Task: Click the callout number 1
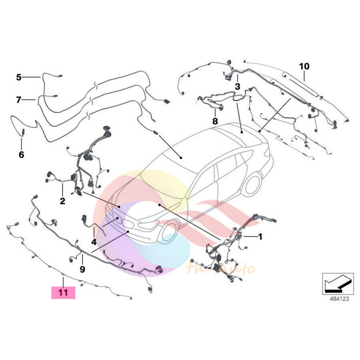pos(260,237)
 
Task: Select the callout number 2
pos(62,201)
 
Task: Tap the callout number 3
pos(237,86)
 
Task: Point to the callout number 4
pos(94,242)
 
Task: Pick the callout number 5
pos(19,77)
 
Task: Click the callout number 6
pos(21,154)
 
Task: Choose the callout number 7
pos(19,100)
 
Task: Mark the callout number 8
pos(215,121)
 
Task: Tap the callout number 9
pos(82,269)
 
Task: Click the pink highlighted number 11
pos(63,292)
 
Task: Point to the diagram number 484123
pos(338,298)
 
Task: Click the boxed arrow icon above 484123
pos(338,284)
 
